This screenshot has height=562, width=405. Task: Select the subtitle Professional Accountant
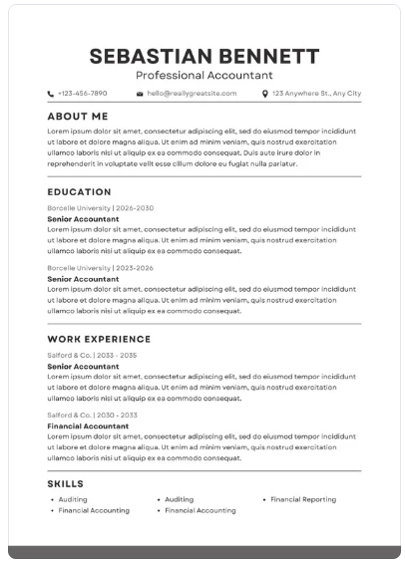(x=203, y=75)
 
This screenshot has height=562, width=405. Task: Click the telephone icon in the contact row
(x=51, y=94)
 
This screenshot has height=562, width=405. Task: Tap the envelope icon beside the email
(x=141, y=94)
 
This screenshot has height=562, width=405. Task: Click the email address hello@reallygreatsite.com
(x=192, y=94)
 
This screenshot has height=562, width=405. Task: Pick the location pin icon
(x=264, y=94)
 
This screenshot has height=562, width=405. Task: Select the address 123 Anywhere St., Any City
(x=316, y=94)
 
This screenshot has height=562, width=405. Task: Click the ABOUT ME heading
(x=77, y=117)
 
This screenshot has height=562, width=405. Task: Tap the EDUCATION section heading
(x=79, y=192)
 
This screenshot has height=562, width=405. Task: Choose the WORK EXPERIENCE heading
(x=99, y=340)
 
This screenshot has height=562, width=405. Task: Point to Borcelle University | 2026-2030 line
(x=101, y=208)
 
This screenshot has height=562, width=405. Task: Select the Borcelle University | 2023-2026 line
(x=100, y=268)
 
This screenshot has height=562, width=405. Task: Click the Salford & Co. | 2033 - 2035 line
(x=93, y=355)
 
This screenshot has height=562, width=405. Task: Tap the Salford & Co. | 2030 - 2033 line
(x=93, y=415)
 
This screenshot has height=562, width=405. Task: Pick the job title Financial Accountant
(x=88, y=425)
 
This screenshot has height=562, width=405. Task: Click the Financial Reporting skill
(x=303, y=499)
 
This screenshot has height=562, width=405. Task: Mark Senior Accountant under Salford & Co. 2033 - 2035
(x=83, y=366)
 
